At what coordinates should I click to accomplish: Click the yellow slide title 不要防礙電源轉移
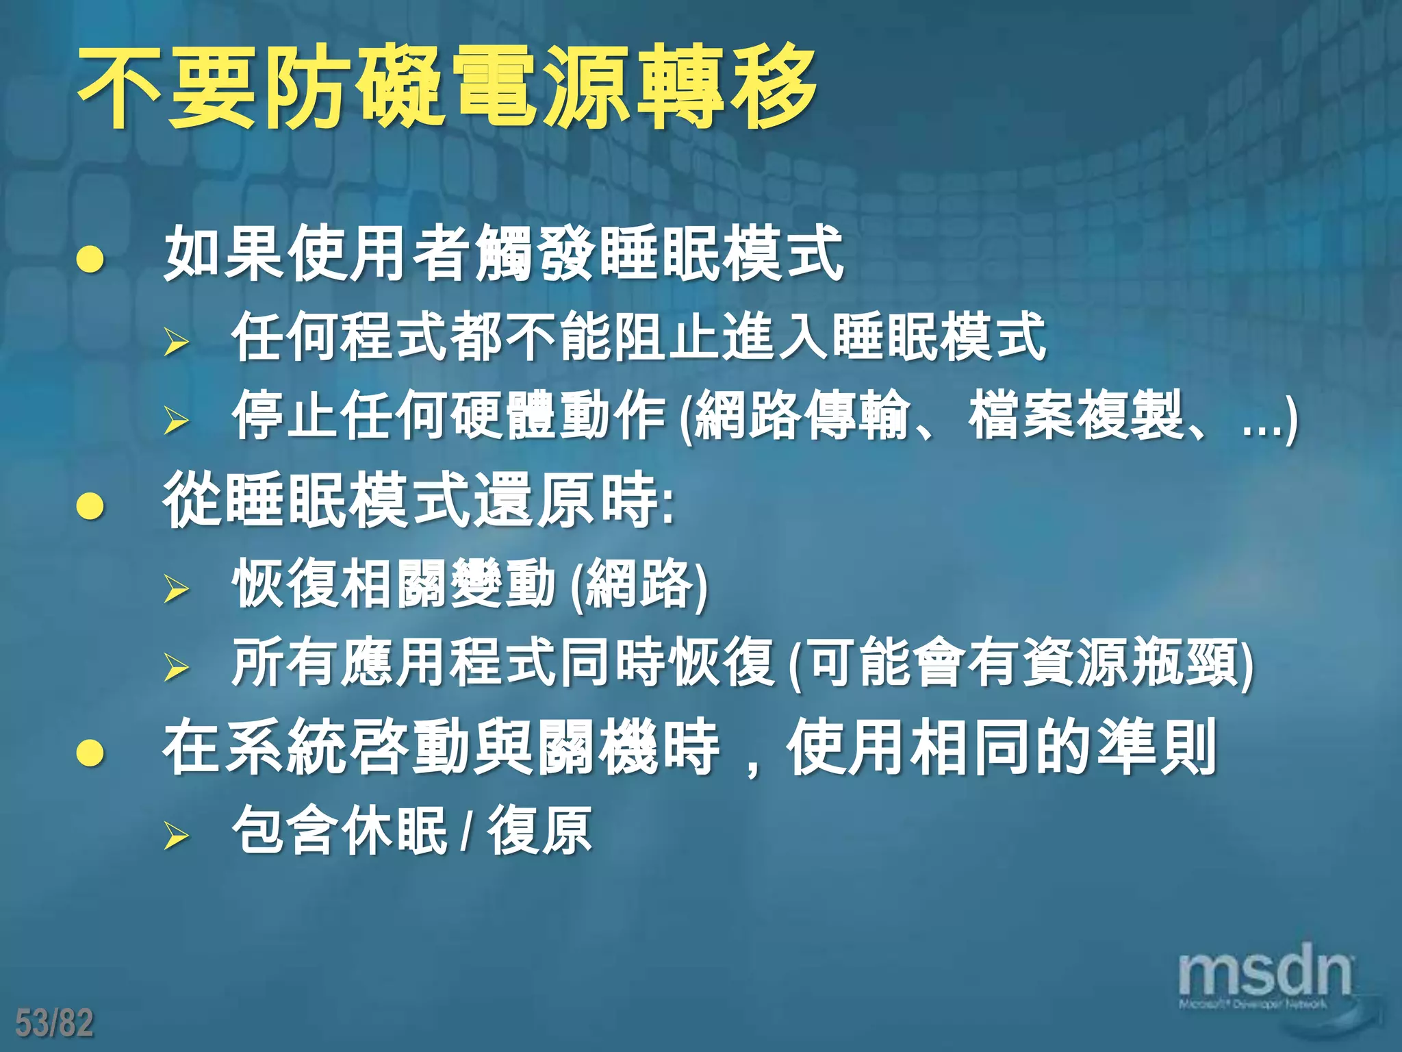click(x=448, y=87)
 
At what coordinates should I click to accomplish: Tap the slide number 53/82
click(x=54, y=1023)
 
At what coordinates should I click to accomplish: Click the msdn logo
click(x=1264, y=973)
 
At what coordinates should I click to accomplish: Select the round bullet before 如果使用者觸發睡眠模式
click(x=90, y=260)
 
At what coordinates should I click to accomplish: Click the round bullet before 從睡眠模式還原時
click(x=90, y=506)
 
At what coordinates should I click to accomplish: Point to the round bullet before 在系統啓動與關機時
click(x=90, y=753)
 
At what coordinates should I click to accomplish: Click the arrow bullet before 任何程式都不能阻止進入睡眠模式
click(x=176, y=342)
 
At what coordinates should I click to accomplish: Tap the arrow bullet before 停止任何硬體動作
click(x=176, y=420)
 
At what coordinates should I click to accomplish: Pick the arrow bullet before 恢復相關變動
click(x=176, y=588)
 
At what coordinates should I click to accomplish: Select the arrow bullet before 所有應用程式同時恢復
click(x=176, y=666)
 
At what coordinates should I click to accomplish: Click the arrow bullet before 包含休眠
click(x=176, y=835)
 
